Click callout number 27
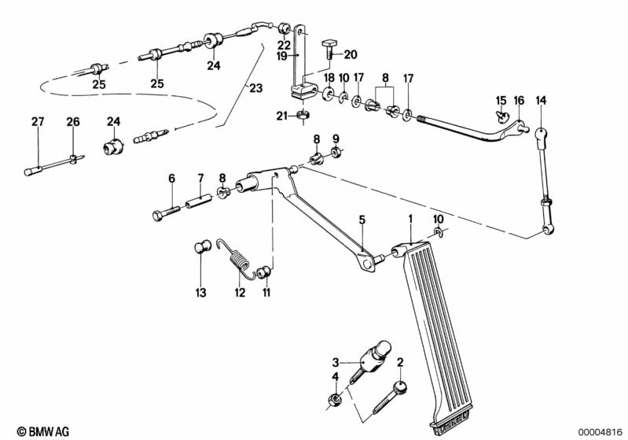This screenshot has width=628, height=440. click(x=38, y=122)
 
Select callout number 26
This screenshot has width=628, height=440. click(x=73, y=122)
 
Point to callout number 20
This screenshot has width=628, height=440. click(x=351, y=54)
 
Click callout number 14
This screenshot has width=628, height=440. click(x=541, y=100)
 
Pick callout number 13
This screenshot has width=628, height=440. click(x=200, y=293)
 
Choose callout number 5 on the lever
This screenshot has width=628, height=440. click(x=362, y=221)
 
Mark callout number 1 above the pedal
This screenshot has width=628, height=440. click(x=409, y=217)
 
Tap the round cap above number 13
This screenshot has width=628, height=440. click(x=200, y=250)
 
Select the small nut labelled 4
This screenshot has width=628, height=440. click(x=335, y=401)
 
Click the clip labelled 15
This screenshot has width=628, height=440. click(x=501, y=116)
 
